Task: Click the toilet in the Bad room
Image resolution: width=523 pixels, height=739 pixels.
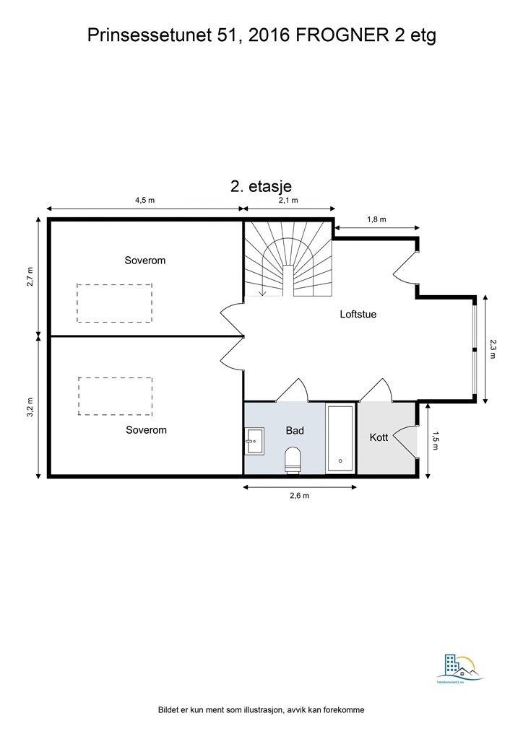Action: [293, 460]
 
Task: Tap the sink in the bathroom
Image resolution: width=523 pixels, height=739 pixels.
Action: [254, 440]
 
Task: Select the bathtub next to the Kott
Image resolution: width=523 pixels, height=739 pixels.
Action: [340, 439]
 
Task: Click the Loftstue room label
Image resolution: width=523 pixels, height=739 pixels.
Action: [358, 315]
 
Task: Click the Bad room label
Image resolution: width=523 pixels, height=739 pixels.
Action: [295, 431]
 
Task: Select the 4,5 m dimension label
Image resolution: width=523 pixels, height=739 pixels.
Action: [145, 201]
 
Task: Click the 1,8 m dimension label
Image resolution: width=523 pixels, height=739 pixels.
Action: [376, 219]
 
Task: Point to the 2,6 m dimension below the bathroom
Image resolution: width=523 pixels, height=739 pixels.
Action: [300, 496]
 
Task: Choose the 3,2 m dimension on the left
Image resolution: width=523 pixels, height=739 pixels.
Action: [30, 406]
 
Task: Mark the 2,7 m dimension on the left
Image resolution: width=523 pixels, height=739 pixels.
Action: [30, 276]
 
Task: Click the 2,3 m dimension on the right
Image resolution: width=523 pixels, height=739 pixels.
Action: [493, 349]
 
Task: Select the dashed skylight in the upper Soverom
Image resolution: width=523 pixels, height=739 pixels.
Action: [115, 303]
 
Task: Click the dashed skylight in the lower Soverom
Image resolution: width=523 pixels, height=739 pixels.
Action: [115, 396]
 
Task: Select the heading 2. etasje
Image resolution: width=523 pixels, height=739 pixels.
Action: [261, 185]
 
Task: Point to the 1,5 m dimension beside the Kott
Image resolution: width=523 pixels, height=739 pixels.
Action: [436, 441]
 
